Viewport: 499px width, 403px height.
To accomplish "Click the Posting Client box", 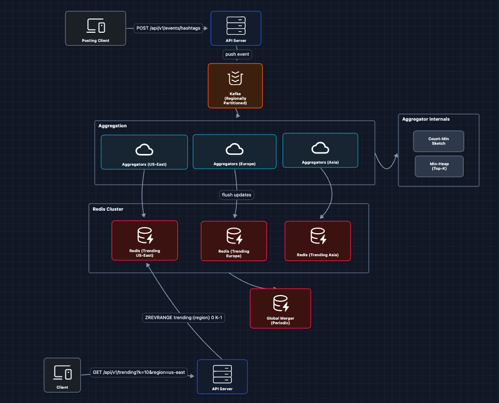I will tap(96, 28).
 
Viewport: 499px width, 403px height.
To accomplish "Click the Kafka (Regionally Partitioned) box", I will tap(235, 85).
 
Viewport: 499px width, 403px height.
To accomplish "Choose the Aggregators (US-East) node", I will tap(144, 152).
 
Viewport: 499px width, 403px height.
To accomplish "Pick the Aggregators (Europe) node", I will tap(234, 152).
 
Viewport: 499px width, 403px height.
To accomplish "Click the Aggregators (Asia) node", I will tap(320, 150).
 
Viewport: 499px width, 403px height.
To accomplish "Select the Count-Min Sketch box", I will tap(438, 141).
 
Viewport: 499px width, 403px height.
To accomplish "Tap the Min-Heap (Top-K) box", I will tap(439, 166).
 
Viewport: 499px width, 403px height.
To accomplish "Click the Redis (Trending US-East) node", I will tap(145, 240).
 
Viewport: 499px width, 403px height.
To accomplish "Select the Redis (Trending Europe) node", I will tap(233, 241).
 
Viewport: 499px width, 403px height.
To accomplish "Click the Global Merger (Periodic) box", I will tap(280, 308).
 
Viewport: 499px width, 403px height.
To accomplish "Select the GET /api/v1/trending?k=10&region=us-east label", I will tap(139, 372).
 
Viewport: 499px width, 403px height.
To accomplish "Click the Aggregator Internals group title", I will tap(426, 119).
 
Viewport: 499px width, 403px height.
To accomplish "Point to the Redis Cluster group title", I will tap(108, 209).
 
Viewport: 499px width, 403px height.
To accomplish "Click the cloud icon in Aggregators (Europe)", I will tap(234, 149).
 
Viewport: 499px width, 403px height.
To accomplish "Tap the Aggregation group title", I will tap(113, 126).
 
